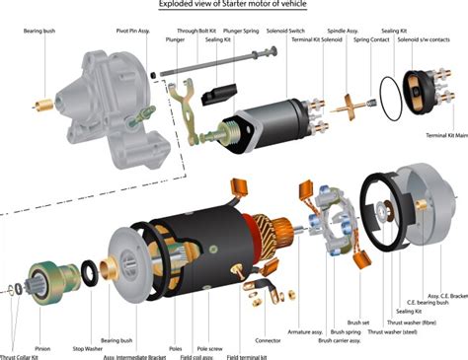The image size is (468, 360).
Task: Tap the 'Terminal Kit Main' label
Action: (x=445, y=135)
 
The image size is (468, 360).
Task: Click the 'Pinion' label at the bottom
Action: (x=42, y=348)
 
